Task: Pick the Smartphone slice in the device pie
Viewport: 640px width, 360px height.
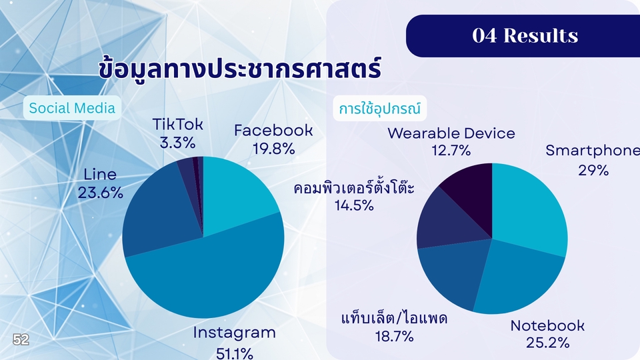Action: (x=527, y=208)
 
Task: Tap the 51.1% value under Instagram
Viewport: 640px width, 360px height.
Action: (x=234, y=353)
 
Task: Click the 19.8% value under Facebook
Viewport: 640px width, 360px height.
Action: (x=273, y=149)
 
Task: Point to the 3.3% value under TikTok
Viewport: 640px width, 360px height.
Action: (x=177, y=143)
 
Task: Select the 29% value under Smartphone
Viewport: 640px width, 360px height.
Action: (x=593, y=170)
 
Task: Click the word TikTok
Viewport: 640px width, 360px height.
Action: (x=177, y=124)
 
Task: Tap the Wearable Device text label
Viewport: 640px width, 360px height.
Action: (x=451, y=133)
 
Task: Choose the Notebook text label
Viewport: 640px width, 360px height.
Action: (x=547, y=325)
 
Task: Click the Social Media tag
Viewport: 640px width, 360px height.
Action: (x=72, y=108)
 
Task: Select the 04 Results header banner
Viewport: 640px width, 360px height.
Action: (x=523, y=35)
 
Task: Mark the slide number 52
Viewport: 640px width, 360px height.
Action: (x=21, y=339)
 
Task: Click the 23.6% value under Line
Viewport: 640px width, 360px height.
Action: (x=101, y=193)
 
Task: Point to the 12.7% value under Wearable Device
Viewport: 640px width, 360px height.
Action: (x=451, y=151)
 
